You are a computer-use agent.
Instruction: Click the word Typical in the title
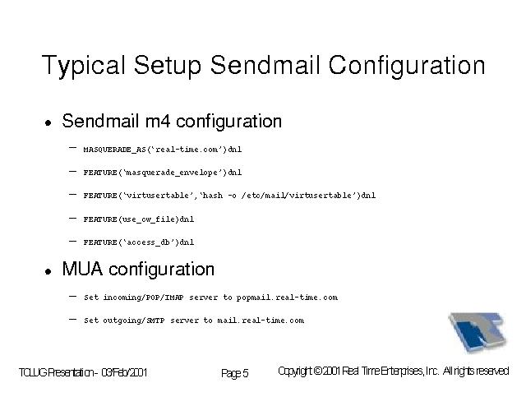pyautogui.click(x=84, y=66)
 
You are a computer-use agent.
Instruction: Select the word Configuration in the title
pyautogui.click(x=407, y=66)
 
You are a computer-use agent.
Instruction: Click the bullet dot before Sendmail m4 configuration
pyautogui.click(x=48, y=122)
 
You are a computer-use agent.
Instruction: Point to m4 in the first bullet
pyautogui.click(x=158, y=121)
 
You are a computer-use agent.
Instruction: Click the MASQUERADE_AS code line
pyautogui.click(x=163, y=150)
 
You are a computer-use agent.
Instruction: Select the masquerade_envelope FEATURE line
pyautogui.click(x=163, y=173)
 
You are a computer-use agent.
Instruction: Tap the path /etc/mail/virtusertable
pyautogui.click(x=296, y=196)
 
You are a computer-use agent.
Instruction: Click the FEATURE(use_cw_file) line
pyautogui.click(x=139, y=219)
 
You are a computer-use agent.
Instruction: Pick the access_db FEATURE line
pyautogui.click(x=139, y=242)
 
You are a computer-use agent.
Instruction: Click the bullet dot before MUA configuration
pyautogui.click(x=48, y=271)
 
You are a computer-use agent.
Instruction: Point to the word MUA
pyautogui.click(x=82, y=269)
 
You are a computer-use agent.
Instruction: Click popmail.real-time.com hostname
pyautogui.click(x=287, y=298)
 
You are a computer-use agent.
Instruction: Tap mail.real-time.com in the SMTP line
pyautogui.click(x=261, y=321)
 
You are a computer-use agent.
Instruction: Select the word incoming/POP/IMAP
pyautogui.click(x=143, y=298)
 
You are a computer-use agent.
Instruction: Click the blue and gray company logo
pyautogui.click(x=478, y=332)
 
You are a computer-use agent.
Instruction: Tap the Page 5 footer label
pyautogui.click(x=235, y=373)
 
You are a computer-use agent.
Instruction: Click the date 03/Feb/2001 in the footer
pyautogui.click(x=124, y=372)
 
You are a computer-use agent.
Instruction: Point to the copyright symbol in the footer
pyautogui.click(x=318, y=371)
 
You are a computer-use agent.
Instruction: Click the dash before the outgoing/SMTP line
pyautogui.click(x=72, y=320)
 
